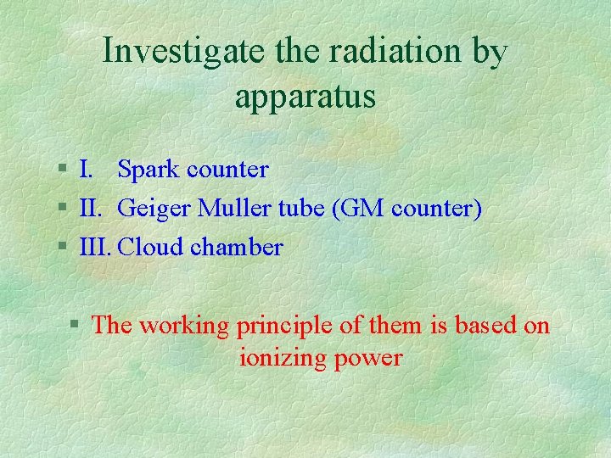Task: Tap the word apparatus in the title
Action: point(305,97)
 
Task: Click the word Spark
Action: point(149,170)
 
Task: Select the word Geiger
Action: point(154,209)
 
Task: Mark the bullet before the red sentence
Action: point(76,326)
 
